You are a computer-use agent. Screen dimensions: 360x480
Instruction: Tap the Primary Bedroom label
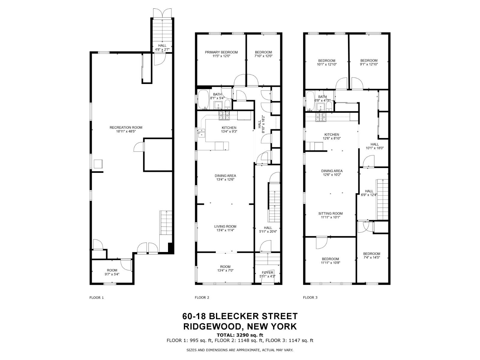(221, 52)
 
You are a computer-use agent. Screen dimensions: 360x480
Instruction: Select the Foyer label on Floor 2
(268, 273)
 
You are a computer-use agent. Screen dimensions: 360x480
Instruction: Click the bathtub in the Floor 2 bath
(203, 99)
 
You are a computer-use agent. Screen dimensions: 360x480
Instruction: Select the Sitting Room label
(330, 214)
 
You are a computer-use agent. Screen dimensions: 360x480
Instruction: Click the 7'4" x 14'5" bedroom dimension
(372, 257)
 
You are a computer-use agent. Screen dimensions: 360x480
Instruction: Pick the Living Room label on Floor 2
(225, 226)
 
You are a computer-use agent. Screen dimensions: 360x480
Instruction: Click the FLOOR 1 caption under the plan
(97, 298)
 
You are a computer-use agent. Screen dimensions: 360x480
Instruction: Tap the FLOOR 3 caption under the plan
(310, 298)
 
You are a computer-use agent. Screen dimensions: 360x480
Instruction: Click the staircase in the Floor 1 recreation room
(165, 223)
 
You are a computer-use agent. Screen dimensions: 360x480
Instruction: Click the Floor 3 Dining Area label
(331, 171)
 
